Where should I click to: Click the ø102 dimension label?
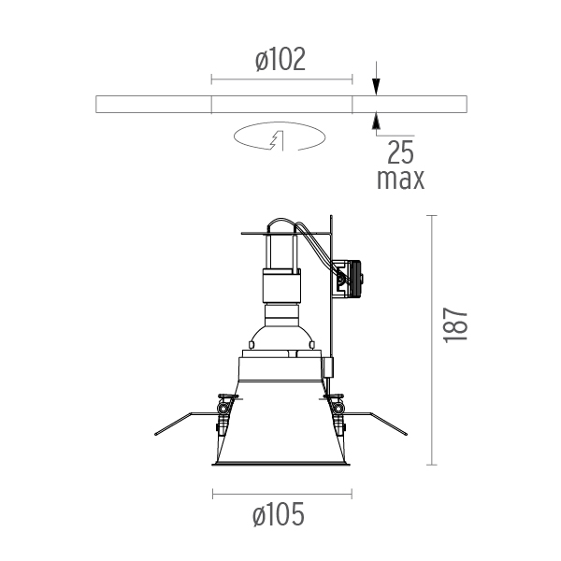click(x=280, y=60)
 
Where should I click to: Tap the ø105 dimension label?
click(x=279, y=514)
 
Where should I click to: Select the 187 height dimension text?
click(x=455, y=324)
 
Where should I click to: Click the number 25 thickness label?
click(x=401, y=152)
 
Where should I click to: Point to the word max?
click(x=401, y=180)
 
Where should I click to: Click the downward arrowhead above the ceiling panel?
click(x=376, y=87)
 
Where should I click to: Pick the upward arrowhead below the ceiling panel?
click(x=376, y=121)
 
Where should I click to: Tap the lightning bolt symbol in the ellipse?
click(x=277, y=140)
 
